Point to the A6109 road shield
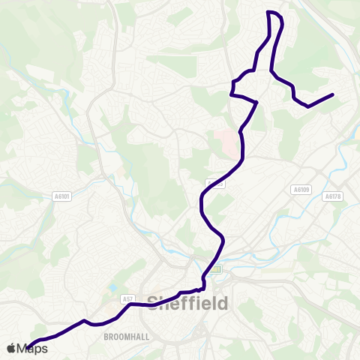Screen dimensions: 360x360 301,189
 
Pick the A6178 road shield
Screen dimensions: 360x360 333,196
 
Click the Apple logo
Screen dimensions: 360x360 11,348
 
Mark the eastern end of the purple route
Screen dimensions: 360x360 332,94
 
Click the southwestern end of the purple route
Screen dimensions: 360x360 28,346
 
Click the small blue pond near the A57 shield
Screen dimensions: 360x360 112,287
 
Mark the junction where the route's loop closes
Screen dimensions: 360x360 257,101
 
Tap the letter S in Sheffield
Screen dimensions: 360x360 154,303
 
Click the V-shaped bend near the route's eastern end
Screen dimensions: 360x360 308,106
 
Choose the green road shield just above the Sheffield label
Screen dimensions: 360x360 216,268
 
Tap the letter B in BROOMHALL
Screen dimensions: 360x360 107,337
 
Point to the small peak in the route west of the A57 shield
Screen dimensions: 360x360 84,320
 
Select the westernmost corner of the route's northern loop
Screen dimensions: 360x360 231,94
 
